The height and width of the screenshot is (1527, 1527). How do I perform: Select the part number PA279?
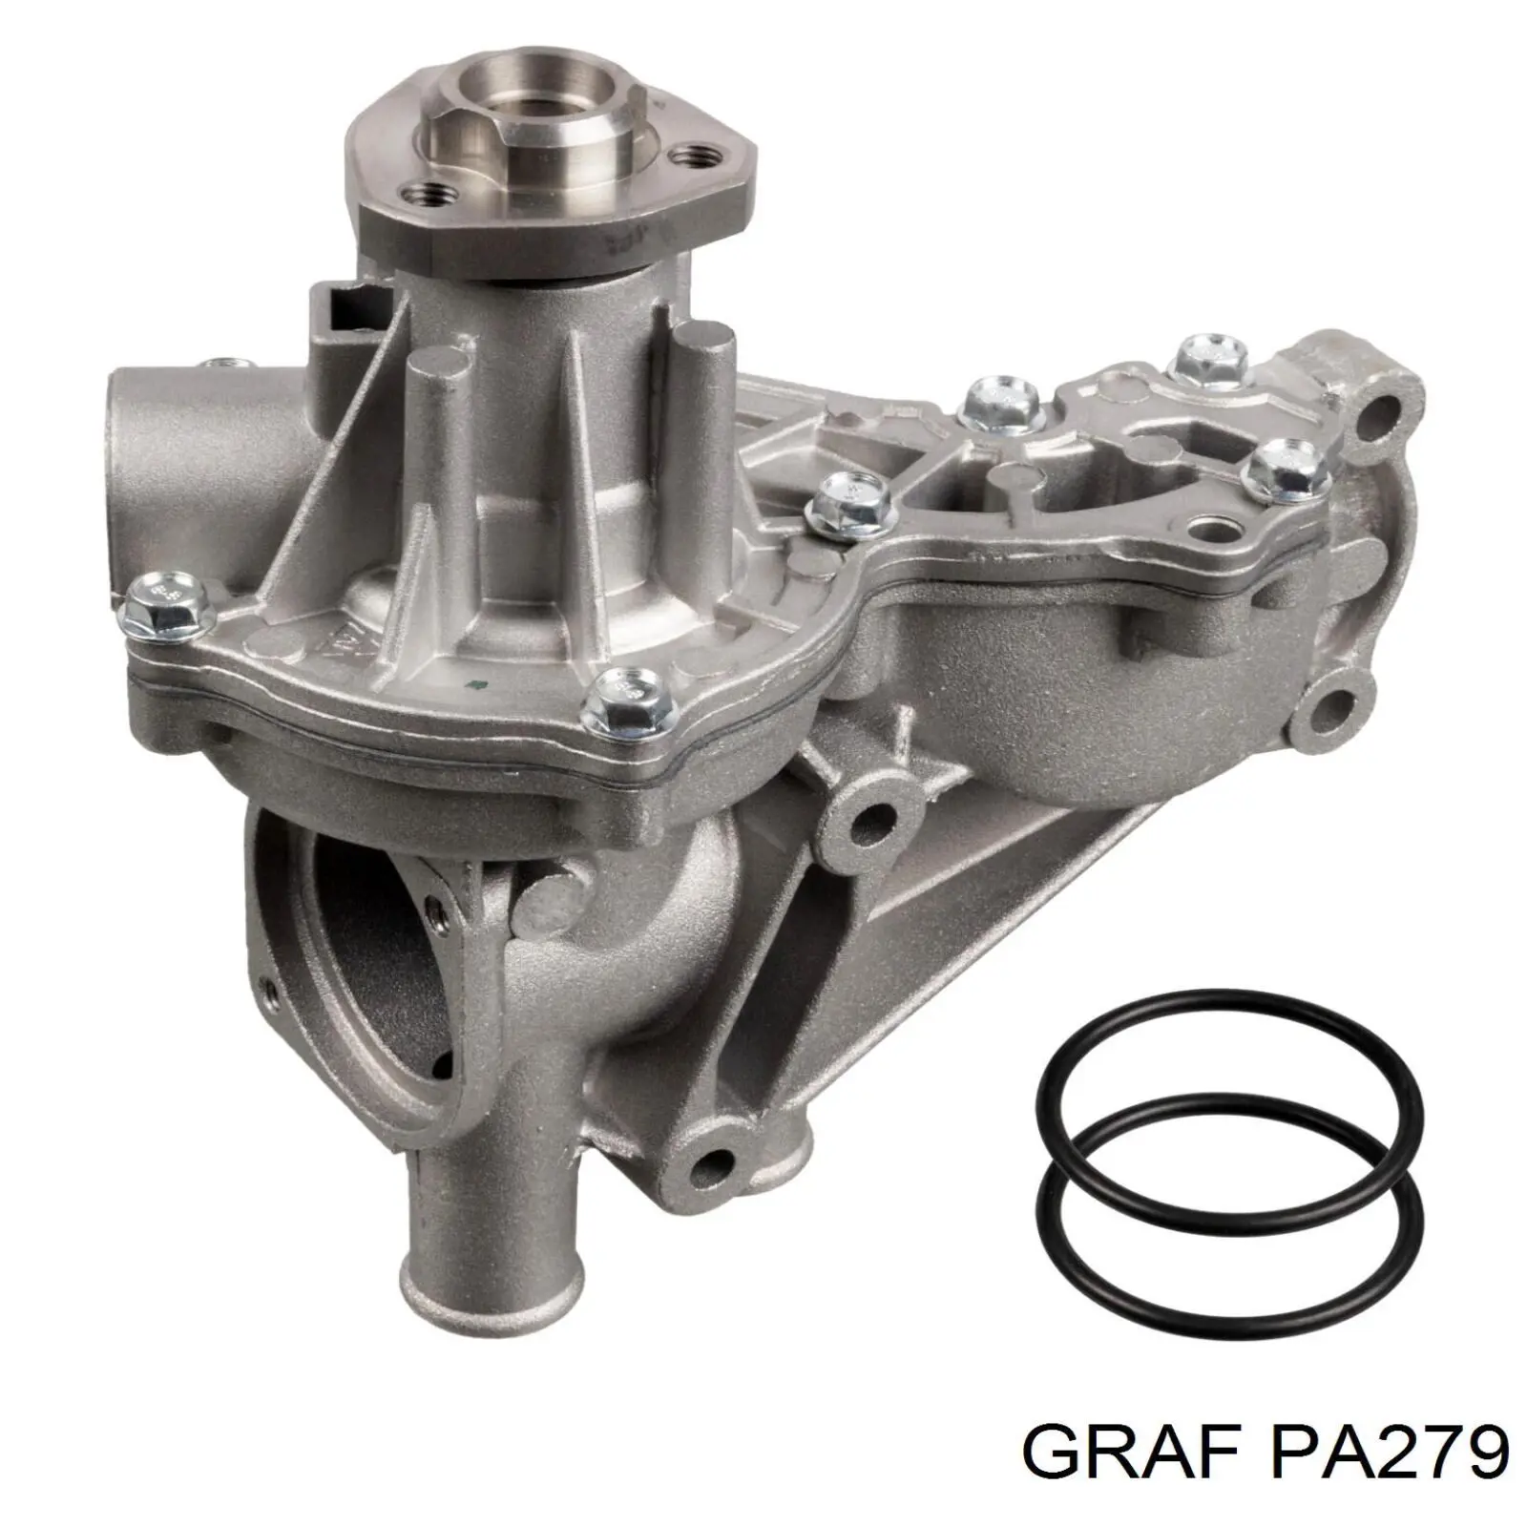(x=1379, y=1453)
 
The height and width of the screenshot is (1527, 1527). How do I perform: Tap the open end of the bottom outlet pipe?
(x=449, y=1274)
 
